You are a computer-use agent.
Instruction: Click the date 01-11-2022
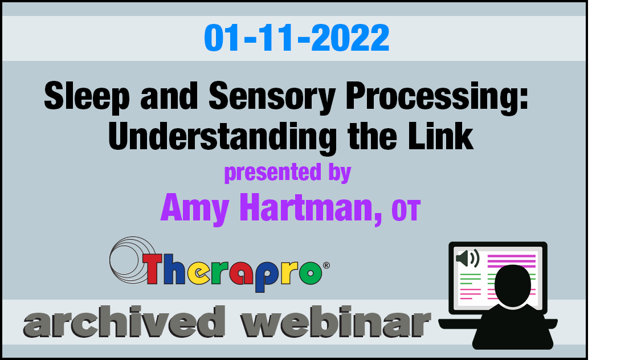(296, 38)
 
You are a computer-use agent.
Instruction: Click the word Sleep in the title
(87, 97)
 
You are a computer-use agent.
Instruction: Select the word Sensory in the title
(272, 97)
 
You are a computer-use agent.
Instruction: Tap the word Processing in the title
(432, 97)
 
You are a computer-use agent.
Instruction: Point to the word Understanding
(222, 137)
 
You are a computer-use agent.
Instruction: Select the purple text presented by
(287, 173)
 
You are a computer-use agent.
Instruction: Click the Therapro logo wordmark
(233, 271)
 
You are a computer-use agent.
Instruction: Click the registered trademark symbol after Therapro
(326, 265)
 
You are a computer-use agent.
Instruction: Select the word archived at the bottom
(124, 322)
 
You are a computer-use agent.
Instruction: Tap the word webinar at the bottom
(335, 322)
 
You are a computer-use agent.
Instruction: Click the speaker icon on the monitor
(467, 259)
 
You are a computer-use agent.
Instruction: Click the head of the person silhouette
(513, 285)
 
